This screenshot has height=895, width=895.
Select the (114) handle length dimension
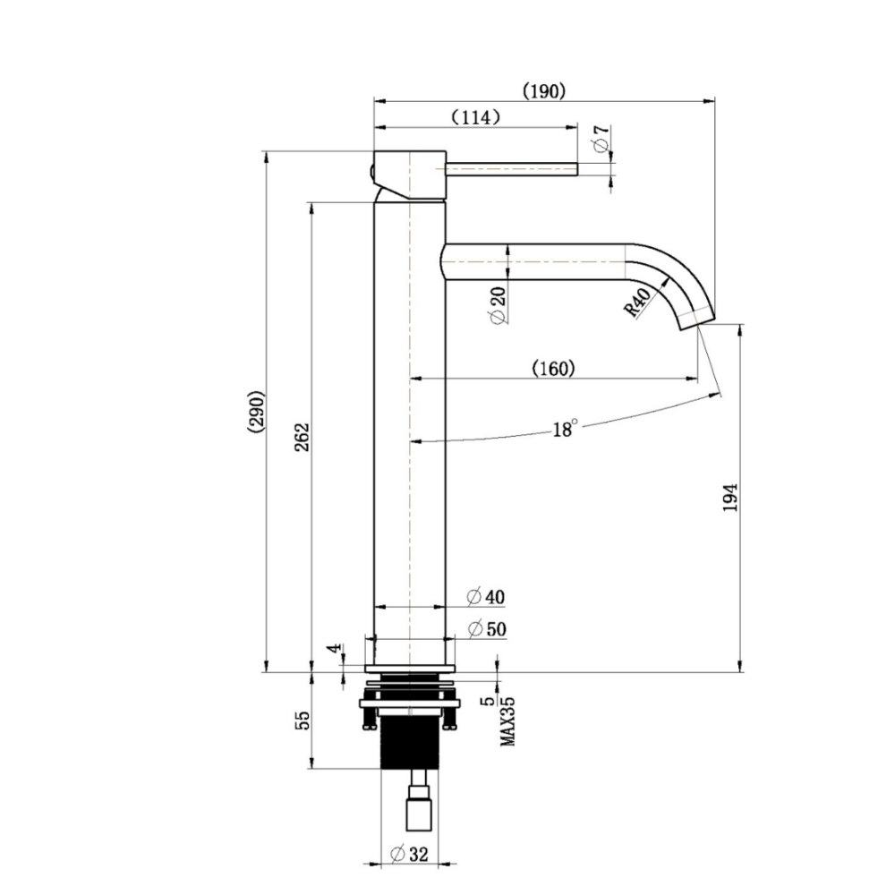[475, 117]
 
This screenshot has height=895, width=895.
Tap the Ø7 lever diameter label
[601, 139]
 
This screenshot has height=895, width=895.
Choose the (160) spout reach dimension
[552, 368]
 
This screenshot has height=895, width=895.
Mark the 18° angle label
[565, 429]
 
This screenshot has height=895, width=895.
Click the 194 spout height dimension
[729, 498]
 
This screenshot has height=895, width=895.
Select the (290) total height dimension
[255, 411]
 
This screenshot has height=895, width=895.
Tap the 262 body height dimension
[302, 437]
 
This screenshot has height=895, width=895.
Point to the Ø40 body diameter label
[486, 597]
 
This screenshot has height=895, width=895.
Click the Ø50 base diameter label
[486, 629]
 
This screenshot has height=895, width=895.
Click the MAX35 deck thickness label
[507, 722]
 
